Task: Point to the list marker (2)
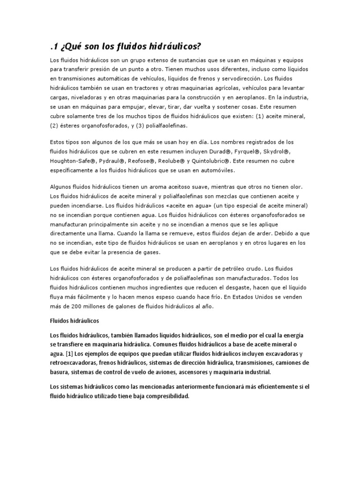click(x=54, y=126)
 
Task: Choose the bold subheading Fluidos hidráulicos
click(x=73, y=322)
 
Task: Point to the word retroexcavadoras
click(x=75, y=362)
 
